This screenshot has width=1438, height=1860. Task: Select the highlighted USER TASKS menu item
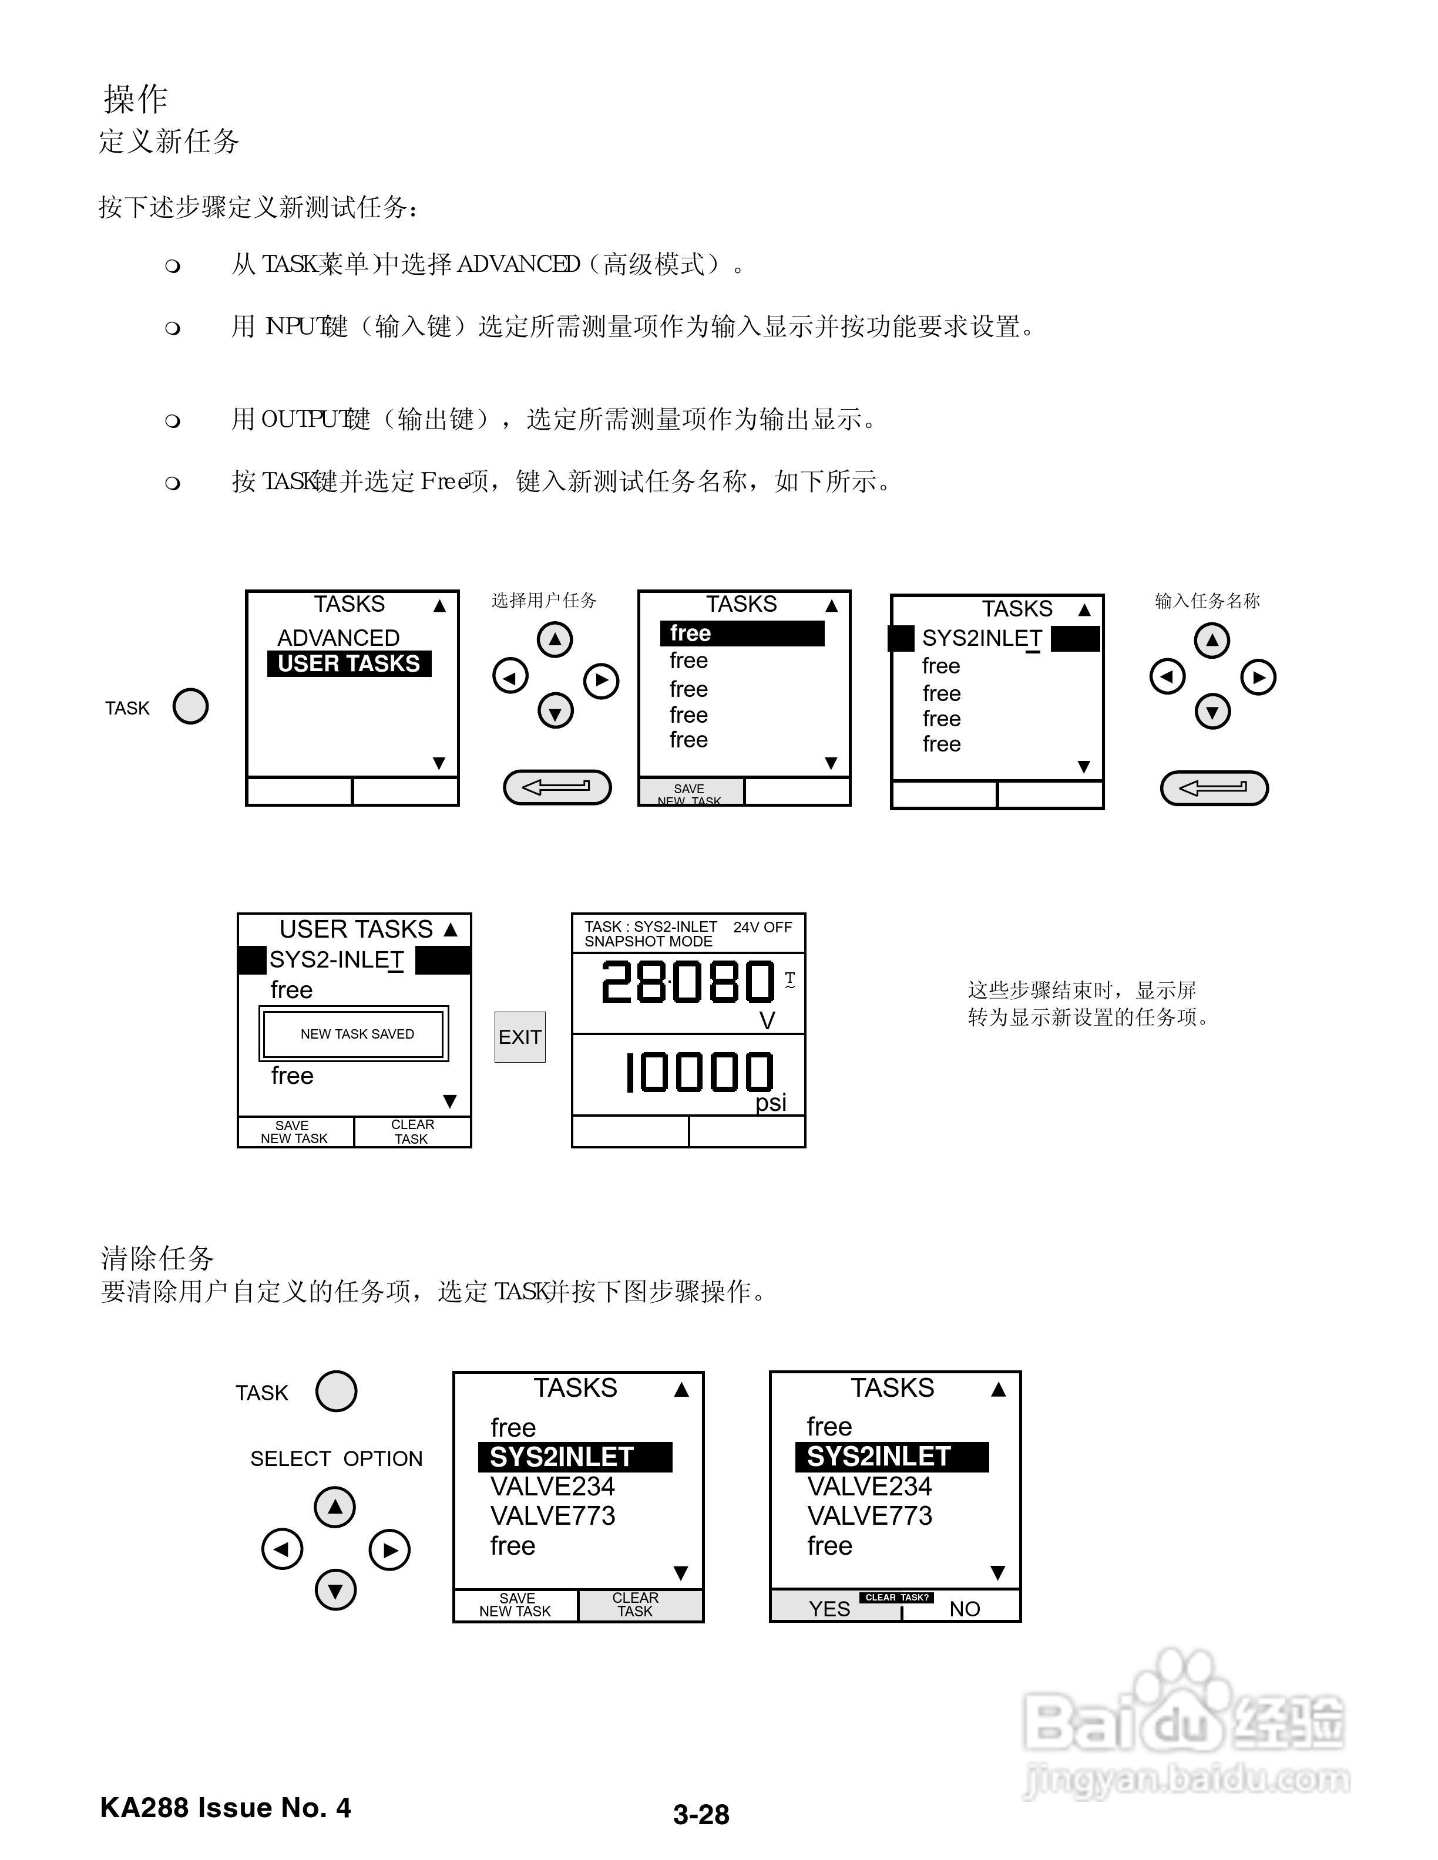pos(350,663)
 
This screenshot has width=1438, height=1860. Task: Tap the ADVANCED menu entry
pos(338,638)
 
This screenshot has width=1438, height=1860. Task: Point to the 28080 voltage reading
pos(687,982)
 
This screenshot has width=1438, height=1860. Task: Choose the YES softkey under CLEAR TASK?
pos(829,1609)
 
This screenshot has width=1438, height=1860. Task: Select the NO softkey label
pos(965,1609)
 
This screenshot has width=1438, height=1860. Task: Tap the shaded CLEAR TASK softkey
pos(636,1605)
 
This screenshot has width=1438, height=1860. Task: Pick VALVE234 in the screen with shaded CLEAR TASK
pos(552,1486)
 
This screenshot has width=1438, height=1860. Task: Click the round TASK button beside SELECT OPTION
pos(335,1391)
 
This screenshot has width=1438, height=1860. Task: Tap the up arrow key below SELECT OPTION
pos(335,1507)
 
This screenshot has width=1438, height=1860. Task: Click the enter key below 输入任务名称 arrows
pos(1214,788)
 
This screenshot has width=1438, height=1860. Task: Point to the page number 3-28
pos(701,1815)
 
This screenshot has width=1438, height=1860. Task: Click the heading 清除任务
pos(157,1258)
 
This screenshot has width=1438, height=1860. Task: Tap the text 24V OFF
pos(762,926)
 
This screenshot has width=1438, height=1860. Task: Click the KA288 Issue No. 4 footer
pos(226,1808)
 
